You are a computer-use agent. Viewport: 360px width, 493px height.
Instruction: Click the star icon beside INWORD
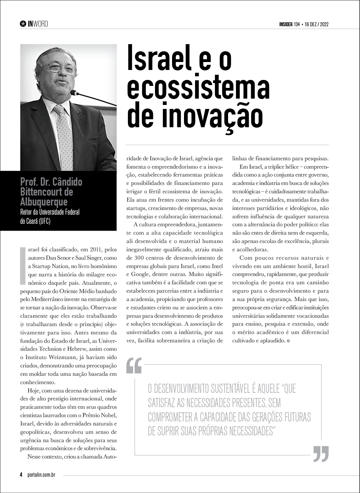click(x=23, y=24)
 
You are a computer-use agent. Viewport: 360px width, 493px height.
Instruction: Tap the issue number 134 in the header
click(x=296, y=25)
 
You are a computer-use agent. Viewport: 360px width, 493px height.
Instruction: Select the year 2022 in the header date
click(x=323, y=25)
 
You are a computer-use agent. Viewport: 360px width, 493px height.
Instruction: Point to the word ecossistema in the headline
click(x=198, y=88)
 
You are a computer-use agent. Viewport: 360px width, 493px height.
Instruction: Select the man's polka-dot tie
click(x=65, y=135)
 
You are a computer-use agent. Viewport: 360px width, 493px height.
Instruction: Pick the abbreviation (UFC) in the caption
click(x=42, y=221)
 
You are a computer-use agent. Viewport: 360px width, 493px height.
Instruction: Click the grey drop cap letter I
click(x=23, y=265)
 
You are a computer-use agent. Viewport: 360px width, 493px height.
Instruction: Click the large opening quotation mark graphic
click(x=134, y=366)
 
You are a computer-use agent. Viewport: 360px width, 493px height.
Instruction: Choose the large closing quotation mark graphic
click(x=321, y=453)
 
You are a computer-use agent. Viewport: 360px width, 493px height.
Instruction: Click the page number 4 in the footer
click(x=21, y=475)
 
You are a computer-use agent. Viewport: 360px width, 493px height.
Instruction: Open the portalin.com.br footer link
click(x=41, y=475)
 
